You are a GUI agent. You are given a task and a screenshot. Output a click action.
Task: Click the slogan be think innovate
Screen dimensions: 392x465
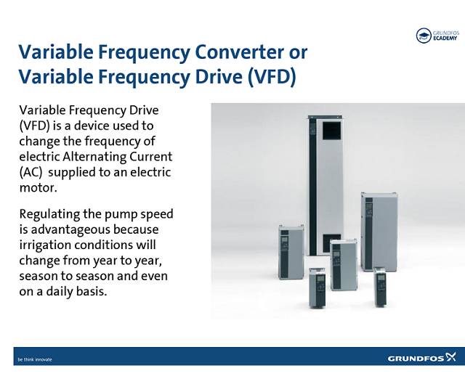click(35, 359)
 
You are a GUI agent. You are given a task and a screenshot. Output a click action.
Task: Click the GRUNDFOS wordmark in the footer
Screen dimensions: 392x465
click(415, 359)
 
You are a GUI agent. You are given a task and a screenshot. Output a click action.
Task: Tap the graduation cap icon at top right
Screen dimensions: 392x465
click(424, 36)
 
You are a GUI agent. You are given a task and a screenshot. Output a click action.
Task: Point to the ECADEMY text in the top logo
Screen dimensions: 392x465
click(448, 39)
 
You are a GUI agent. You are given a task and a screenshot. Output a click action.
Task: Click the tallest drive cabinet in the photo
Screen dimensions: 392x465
click(323, 181)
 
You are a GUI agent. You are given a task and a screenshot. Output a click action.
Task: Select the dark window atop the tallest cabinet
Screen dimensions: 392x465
click(323, 133)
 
